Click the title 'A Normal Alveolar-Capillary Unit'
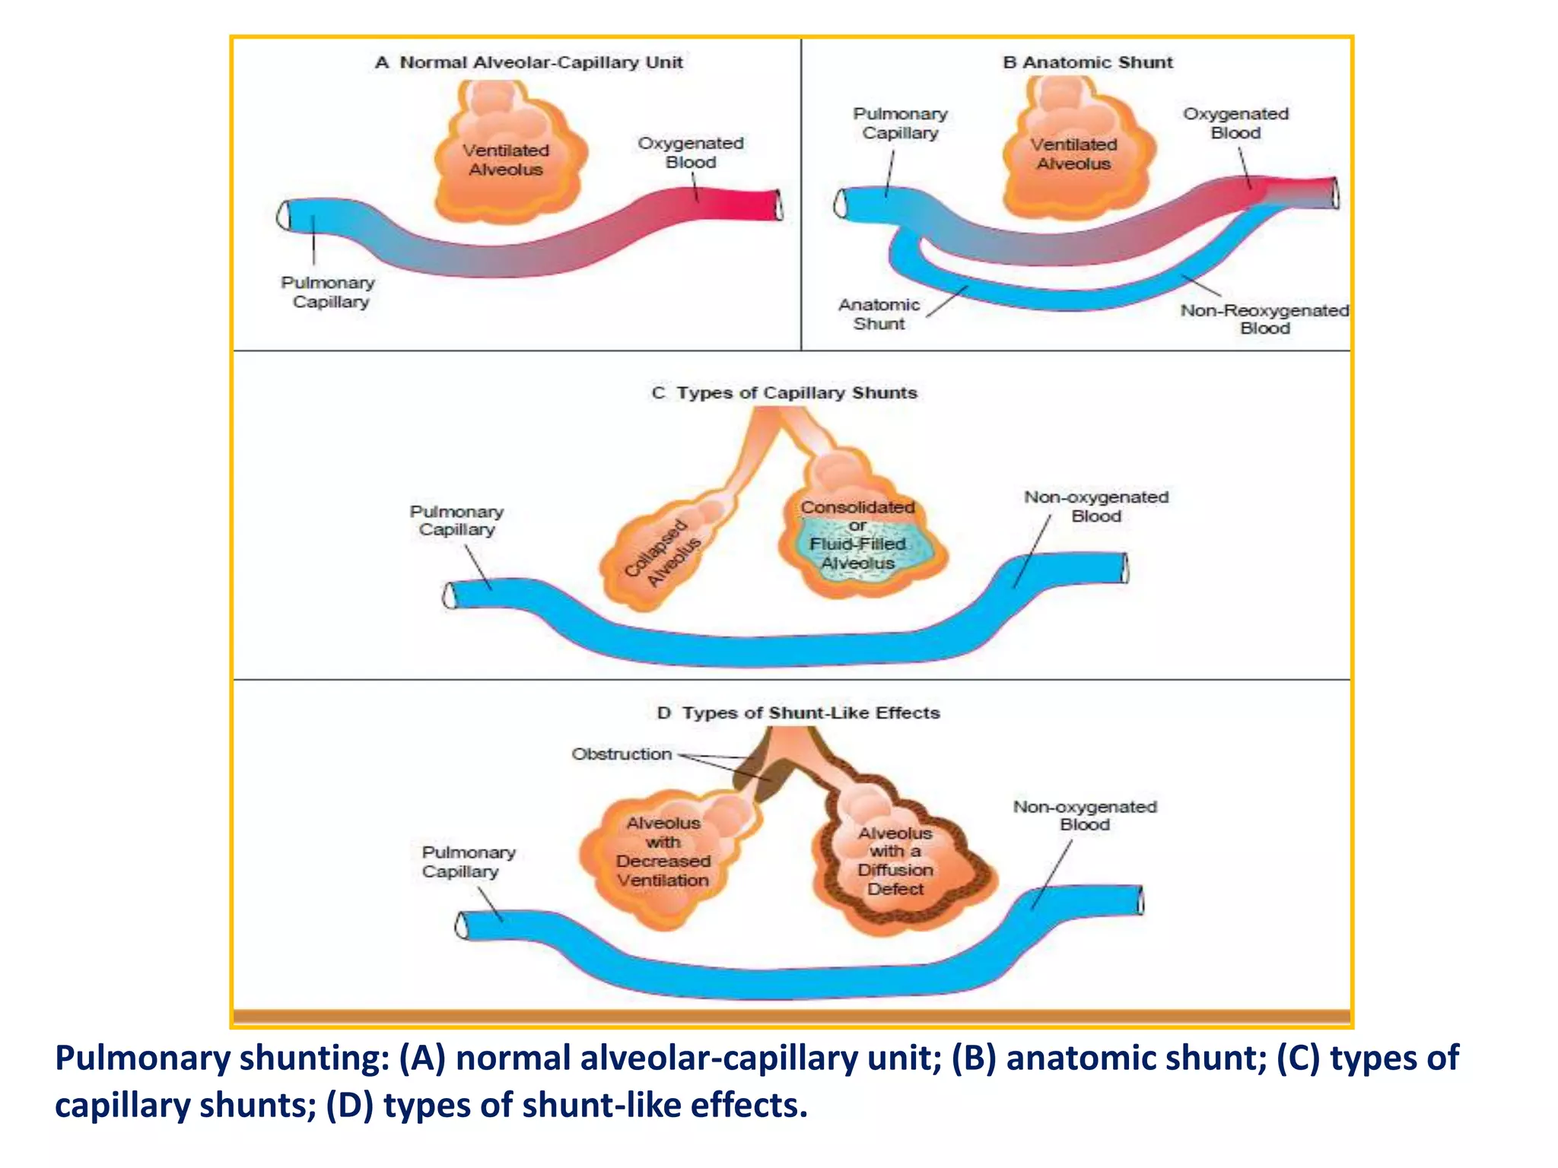[x=529, y=62]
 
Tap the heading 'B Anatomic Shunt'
[x=1087, y=62]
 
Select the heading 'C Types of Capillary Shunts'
[x=784, y=393]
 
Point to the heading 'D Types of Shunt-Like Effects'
[x=798, y=713]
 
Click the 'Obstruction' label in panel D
[x=622, y=754]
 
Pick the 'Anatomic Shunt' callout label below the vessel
[x=879, y=314]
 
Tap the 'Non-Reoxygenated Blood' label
[x=1264, y=319]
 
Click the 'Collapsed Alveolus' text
[x=663, y=552]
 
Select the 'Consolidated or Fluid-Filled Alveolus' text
[x=857, y=535]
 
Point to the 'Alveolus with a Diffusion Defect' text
[x=895, y=861]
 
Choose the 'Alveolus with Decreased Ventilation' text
[x=663, y=852]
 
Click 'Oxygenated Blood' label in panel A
[x=691, y=152]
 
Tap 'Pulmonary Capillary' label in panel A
[x=329, y=292]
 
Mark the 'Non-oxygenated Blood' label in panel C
[x=1096, y=506]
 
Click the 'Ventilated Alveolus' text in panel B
[x=1073, y=154]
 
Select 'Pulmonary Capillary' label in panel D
[x=469, y=862]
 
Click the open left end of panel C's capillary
[x=450, y=595]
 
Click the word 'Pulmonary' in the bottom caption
[x=141, y=1058]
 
